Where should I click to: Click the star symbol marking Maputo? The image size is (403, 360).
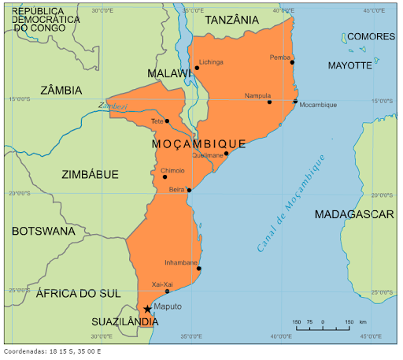147,309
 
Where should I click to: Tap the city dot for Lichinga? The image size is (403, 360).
197,69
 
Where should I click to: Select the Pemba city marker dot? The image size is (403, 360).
292,62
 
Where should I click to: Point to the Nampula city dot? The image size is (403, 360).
269,102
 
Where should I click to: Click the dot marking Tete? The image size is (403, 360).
167,121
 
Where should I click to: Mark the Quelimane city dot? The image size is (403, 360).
226,154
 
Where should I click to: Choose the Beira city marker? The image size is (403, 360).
189,190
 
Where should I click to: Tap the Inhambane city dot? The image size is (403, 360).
199,269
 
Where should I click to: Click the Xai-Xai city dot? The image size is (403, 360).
167,291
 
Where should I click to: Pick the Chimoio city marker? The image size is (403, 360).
165,176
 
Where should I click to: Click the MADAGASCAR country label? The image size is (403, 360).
353,214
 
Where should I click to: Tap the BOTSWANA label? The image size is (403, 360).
43,232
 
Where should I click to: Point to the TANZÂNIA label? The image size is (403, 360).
231,20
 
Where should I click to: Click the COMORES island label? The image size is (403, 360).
371,37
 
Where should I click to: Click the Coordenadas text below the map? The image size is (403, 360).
53,351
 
